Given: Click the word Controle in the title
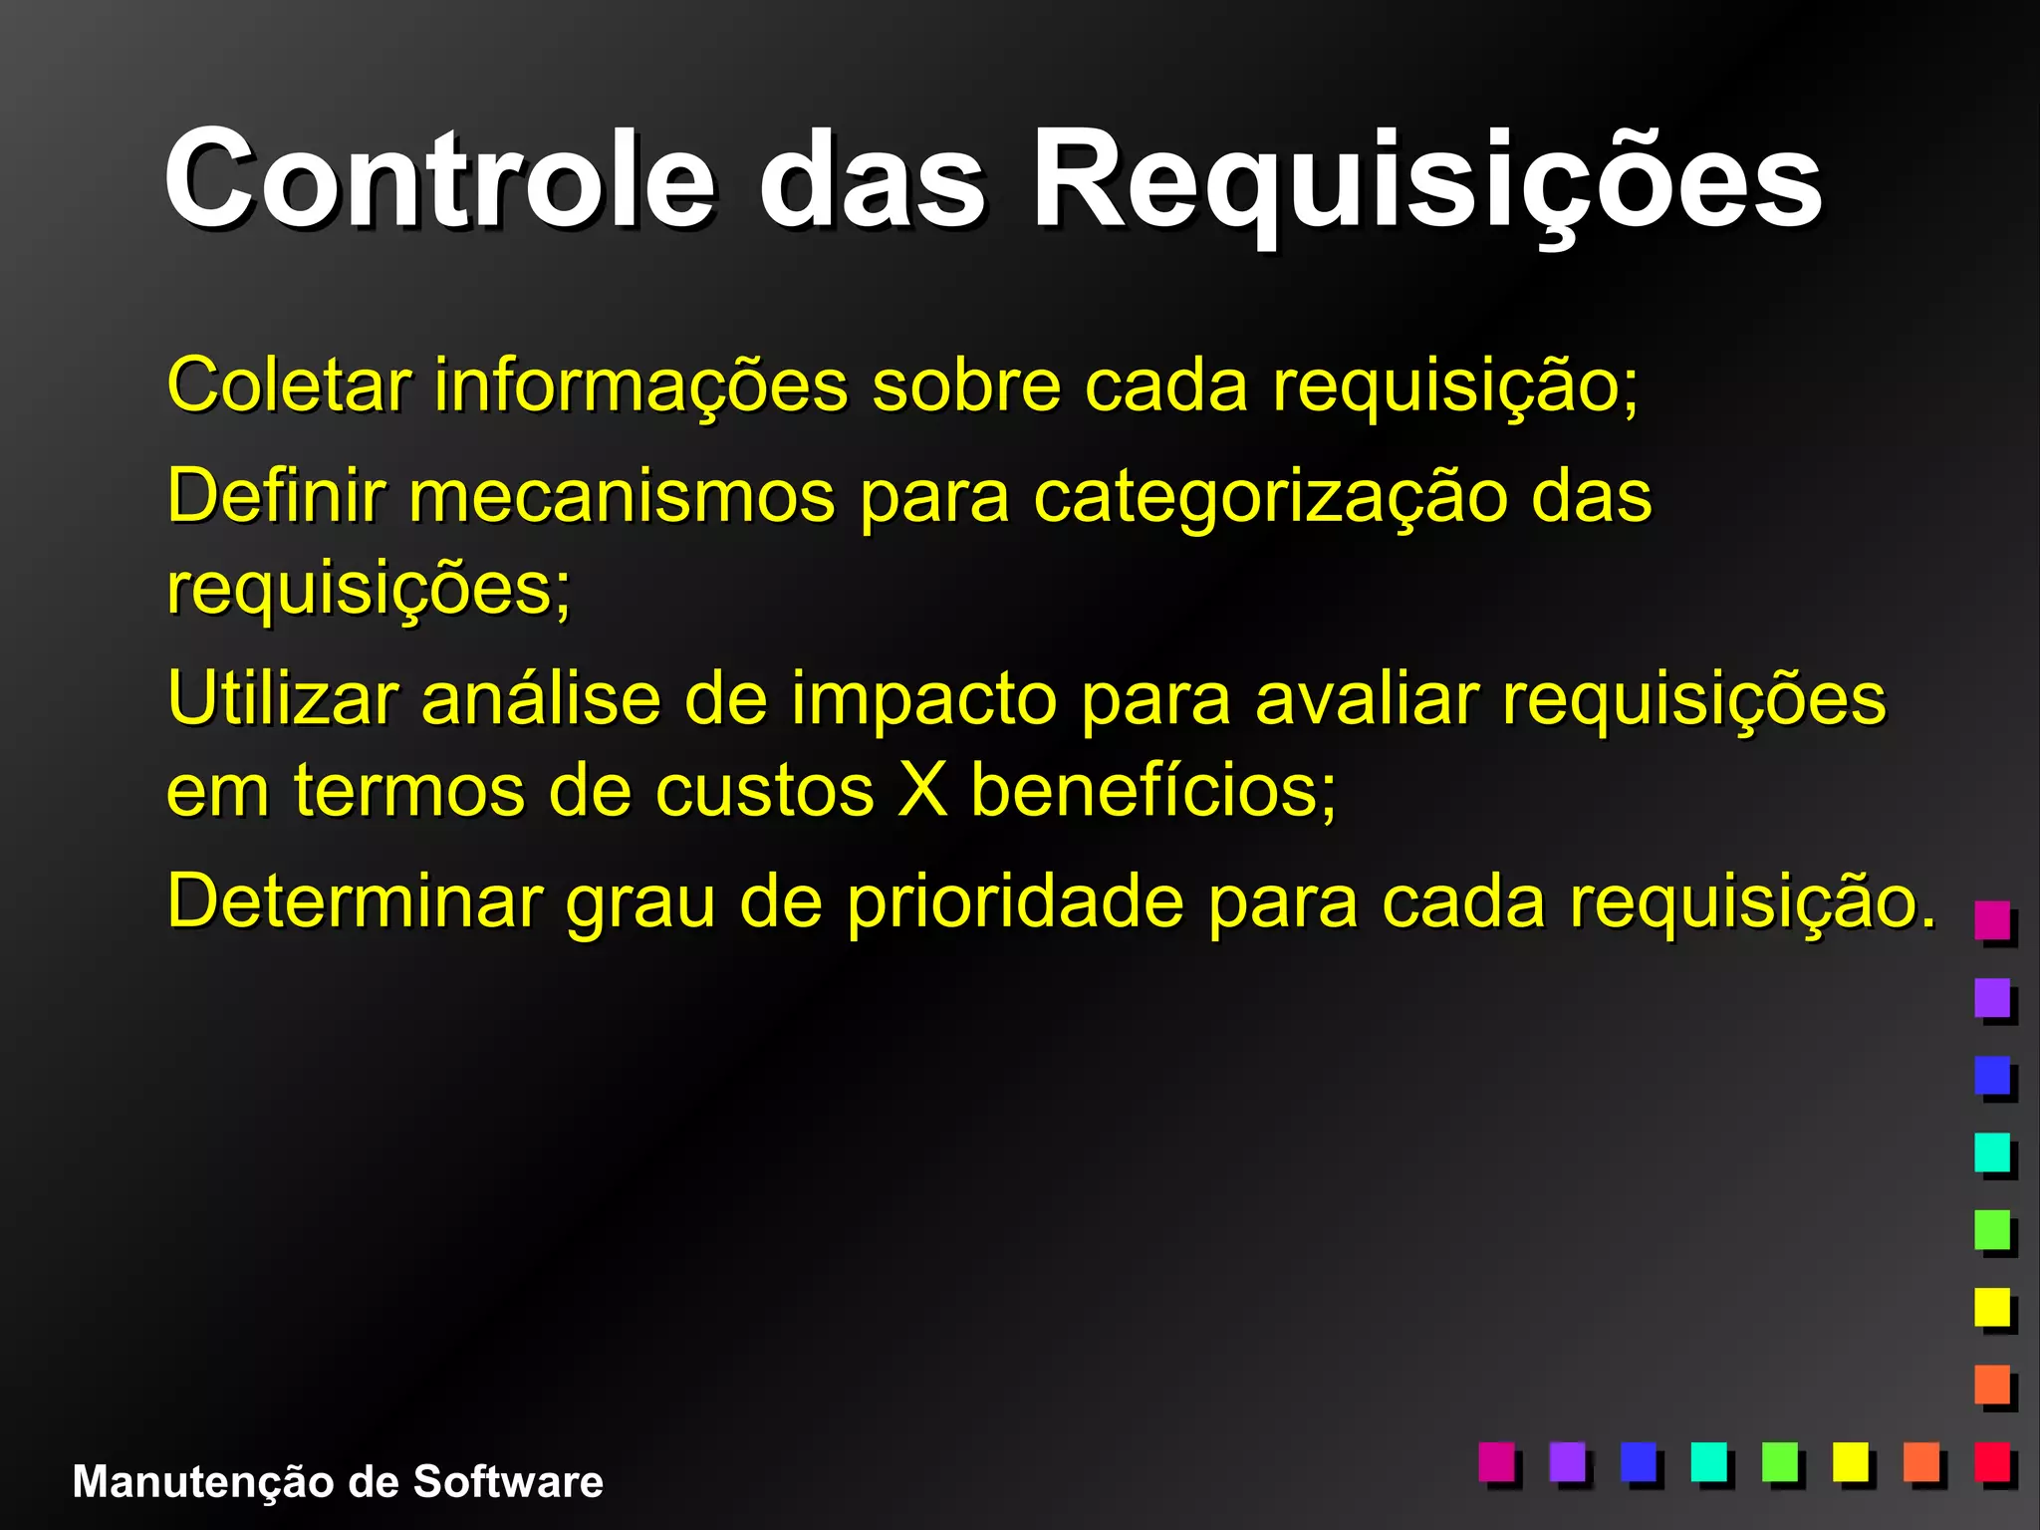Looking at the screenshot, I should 439,181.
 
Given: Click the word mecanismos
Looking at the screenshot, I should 622,496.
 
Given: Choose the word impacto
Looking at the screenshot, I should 923,700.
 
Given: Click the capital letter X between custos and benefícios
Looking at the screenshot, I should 921,790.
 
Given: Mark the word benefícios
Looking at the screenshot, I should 1152,790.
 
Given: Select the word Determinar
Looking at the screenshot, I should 354,901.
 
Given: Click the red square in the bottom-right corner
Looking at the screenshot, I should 1992,1461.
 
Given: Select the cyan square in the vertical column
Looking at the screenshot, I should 1992,1151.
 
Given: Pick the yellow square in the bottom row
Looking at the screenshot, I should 1851,1461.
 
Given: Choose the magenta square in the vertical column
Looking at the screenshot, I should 1992,919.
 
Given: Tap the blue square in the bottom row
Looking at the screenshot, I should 1639,1461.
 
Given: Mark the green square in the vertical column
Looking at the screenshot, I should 1992,1229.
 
